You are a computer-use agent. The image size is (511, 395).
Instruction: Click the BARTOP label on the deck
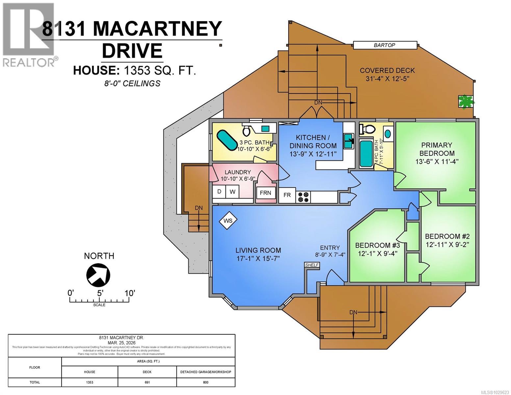tap(384, 45)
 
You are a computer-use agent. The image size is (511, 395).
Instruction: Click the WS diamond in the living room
tap(228, 221)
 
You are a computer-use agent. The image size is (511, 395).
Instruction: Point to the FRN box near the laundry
tap(265, 193)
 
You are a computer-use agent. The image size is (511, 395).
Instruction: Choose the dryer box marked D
tap(219, 192)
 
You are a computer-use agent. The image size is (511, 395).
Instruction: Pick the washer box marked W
tap(232, 192)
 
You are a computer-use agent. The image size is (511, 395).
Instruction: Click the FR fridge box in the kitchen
tap(287, 195)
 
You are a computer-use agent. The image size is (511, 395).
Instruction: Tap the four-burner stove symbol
tap(303, 197)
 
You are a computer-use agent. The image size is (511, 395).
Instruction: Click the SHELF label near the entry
tap(312, 265)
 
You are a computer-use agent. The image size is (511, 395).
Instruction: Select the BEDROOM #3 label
tap(377, 245)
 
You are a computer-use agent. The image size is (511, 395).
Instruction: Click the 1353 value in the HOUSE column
tap(89, 382)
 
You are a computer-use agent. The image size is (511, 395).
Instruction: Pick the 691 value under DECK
tap(147, 382)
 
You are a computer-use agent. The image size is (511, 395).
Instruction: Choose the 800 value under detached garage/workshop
tap(206, 382)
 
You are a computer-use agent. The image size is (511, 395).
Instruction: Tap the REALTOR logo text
tap(29, 62)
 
